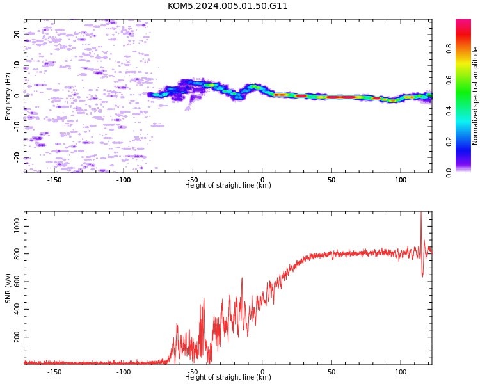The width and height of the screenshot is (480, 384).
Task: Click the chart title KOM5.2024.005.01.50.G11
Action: [227, 6]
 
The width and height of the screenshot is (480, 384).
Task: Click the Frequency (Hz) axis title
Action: [8, 96]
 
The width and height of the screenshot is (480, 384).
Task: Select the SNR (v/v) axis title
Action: [8, 288]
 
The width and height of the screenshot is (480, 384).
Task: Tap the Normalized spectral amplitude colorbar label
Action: [475, 96]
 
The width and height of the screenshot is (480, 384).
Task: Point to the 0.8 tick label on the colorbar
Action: [449, 49]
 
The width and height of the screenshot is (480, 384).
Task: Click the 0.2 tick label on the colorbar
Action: [449, 141]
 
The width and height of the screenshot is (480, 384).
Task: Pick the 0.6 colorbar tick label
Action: [449, 80]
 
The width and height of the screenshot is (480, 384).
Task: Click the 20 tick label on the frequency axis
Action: [17, 35]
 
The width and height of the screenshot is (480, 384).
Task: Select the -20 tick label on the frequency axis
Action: [17, 157]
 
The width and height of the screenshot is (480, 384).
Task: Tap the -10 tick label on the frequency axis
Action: [17, 127]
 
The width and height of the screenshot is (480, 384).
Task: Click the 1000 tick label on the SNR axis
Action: [17, 227]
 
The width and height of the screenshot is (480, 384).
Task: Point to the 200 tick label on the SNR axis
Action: [17, 337]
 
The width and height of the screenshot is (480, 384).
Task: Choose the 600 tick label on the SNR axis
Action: [17, 282]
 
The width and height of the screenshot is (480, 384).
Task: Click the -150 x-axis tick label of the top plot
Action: [54, 180]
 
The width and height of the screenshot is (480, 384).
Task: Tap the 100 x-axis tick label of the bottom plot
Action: [401, 372]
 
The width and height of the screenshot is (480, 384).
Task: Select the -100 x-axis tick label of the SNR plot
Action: [124, 372]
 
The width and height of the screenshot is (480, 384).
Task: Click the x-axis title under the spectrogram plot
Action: [228, 185]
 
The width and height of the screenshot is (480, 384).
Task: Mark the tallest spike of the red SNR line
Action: [421, 212]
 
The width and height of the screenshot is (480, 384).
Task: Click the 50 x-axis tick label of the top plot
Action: [332, 180]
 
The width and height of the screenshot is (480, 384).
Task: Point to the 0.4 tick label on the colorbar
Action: [449, 111]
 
